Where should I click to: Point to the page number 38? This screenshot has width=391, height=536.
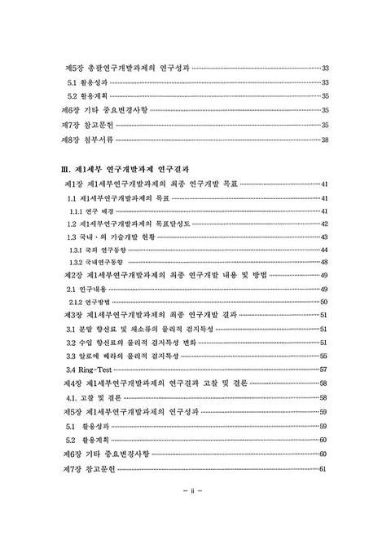(325, 140)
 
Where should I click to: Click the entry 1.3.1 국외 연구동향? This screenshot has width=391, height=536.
(96, 248)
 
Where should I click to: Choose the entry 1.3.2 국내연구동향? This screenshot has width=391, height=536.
(95, 261)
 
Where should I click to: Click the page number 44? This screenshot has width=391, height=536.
(325, 248)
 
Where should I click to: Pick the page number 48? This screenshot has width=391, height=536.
(325, 261)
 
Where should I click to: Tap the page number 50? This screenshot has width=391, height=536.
(325, 301)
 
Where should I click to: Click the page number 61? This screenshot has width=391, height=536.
(325, 467)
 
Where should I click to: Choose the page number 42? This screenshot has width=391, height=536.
(325, 224)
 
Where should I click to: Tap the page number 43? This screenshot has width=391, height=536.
(325, 236)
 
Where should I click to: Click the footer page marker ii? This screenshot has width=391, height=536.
(195, 492)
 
